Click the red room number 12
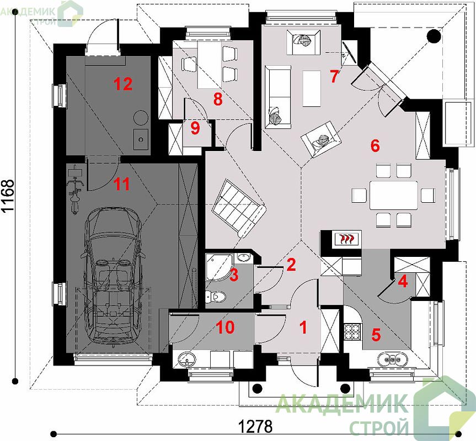click(123, 84)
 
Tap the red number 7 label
click(334, 76)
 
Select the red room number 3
click(234, 275)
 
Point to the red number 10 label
click(226, 327)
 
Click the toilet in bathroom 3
click(216, 295)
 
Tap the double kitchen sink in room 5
click(393, 359)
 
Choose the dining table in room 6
click(393, 195)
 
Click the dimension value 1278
click(255, 427)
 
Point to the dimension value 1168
click(8, 196)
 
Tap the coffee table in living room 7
click(312, 89)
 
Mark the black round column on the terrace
click(434, 36)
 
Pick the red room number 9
click(195, 128)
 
